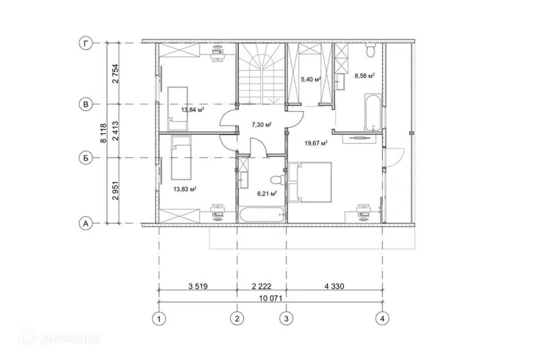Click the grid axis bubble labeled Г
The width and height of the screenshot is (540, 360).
point(85,43)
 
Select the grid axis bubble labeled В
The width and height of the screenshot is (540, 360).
point(85,105)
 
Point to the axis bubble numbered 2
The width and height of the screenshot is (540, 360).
point(237,319)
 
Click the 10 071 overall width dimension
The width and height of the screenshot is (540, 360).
point(271,298)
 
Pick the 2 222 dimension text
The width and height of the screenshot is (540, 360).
point(262,286)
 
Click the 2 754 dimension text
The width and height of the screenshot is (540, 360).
point(115,74)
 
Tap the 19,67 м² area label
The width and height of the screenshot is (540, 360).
point(316,143)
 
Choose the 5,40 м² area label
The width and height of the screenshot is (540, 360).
point(311,79)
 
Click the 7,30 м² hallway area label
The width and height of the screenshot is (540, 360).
point(262,124)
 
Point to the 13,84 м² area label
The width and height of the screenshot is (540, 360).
point(193,110)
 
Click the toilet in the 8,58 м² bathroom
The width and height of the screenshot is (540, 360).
point(371,50)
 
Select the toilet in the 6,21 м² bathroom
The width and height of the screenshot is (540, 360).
point(278,179)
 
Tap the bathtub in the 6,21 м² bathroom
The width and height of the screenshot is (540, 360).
point(262,214)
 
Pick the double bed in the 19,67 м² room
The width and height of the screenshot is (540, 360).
point(310,182)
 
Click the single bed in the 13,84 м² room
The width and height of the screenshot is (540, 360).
point(178,109)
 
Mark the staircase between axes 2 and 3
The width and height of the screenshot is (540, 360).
point(262,73)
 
